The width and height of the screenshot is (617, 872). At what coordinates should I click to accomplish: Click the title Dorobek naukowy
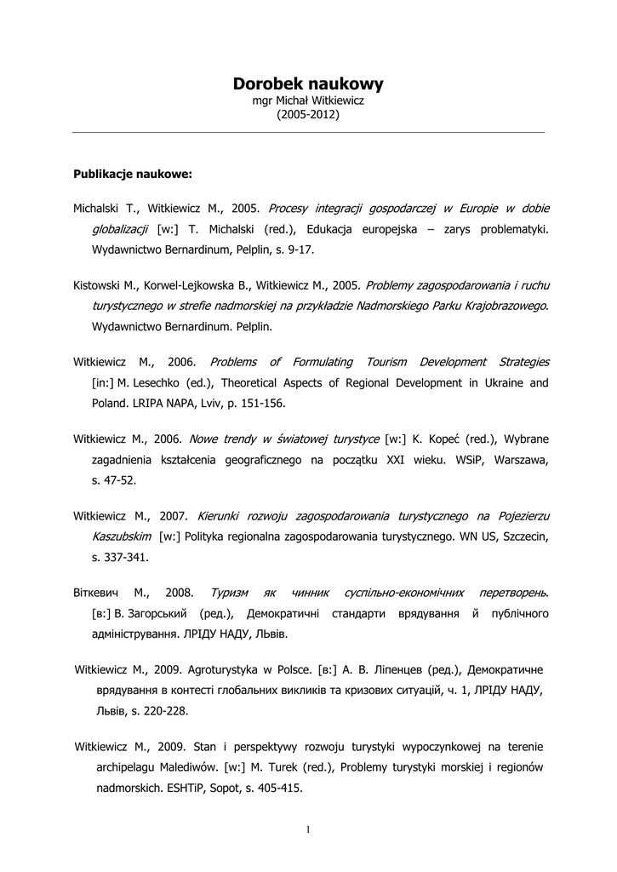308,83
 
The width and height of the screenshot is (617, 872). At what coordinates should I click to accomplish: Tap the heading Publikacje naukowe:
134,175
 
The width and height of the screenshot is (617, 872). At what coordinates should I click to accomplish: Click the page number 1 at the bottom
308,830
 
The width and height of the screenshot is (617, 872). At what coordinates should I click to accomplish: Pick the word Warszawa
515,460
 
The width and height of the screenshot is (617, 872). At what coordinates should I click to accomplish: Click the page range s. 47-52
114,480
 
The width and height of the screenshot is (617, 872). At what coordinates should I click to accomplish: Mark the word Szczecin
524,536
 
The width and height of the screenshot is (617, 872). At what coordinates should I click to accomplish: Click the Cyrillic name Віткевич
98,592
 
